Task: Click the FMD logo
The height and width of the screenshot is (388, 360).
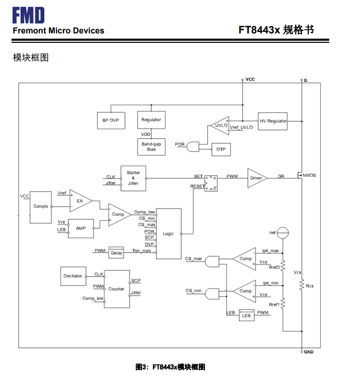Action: [29, 15]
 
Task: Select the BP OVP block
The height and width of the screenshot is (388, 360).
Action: [111, 120]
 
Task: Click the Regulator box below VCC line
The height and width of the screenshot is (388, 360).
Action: [151, 120]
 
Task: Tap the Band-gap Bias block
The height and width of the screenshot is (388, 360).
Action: [151, 147]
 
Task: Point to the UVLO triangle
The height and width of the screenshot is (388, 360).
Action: [218, 125]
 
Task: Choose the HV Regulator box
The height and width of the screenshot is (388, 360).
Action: [273, 121]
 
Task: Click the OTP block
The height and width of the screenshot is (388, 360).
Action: [220, 149]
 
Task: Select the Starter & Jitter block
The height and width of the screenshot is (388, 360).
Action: [133, 178]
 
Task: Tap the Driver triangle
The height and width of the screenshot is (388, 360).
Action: [256, 178]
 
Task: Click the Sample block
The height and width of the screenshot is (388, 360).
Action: [41, 206]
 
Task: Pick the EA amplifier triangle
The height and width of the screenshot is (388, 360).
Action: [80, 201]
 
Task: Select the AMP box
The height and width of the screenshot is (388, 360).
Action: [80, 228]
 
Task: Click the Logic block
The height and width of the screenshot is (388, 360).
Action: [168, 233]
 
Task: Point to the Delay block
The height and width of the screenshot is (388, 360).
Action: [116, 253]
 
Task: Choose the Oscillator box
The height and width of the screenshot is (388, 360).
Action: [73, 276]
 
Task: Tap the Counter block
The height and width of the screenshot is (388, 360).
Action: [116, 289]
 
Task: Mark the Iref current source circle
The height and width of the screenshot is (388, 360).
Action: [282, 232]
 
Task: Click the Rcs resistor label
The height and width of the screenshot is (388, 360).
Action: [310, 286]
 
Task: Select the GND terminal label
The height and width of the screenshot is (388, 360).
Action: [309, 352]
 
